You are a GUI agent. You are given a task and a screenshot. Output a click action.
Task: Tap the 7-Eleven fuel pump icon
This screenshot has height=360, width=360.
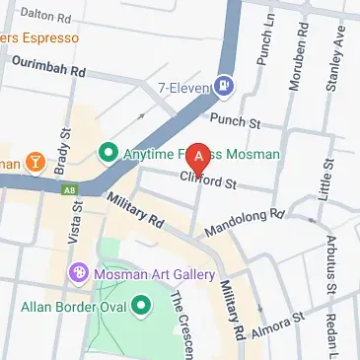pos(225,87)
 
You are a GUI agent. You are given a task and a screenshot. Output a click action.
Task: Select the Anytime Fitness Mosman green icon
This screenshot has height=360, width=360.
pos(108,154)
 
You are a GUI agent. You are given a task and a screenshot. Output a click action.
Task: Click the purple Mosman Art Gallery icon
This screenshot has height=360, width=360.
pos(77,271)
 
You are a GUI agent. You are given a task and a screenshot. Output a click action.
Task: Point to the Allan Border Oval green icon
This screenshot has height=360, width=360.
pos(141,306)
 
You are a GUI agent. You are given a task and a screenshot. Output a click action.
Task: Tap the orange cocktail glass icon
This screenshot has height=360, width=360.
pos(36,161)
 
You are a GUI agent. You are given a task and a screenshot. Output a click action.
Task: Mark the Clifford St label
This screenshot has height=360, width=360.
pos(208,180)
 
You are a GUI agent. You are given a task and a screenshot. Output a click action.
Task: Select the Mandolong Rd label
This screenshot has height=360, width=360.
pos(243,222)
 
